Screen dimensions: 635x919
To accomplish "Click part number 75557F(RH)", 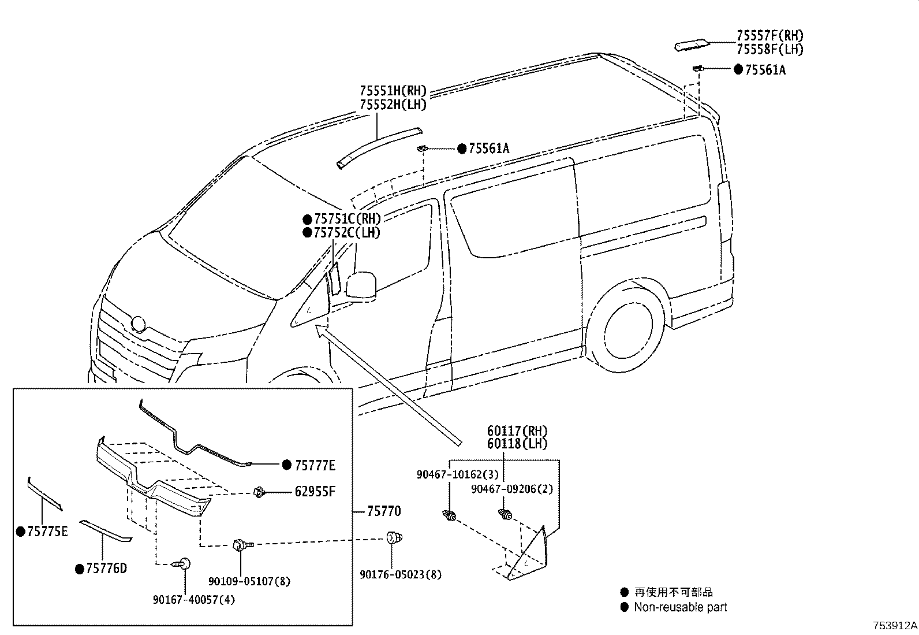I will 769,36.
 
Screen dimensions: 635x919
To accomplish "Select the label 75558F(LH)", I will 769,50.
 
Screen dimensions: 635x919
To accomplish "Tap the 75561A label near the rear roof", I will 765,70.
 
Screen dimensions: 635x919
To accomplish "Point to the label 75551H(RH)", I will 393,91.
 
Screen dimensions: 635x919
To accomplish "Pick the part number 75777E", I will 315,465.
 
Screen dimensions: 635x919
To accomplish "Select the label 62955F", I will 315,492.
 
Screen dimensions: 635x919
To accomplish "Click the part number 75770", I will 384,511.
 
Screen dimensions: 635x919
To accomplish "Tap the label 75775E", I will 47,532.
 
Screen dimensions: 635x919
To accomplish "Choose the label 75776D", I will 106,569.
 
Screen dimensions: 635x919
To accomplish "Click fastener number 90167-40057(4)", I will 194,600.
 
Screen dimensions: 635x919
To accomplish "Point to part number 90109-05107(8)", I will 249,581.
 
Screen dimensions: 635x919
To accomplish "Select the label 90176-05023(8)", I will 401,575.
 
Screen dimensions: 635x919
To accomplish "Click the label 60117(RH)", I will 517,431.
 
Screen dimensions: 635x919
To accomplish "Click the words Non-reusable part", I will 680,607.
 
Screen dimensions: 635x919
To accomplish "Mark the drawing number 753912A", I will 894,626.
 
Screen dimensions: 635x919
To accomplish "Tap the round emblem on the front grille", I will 139,324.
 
